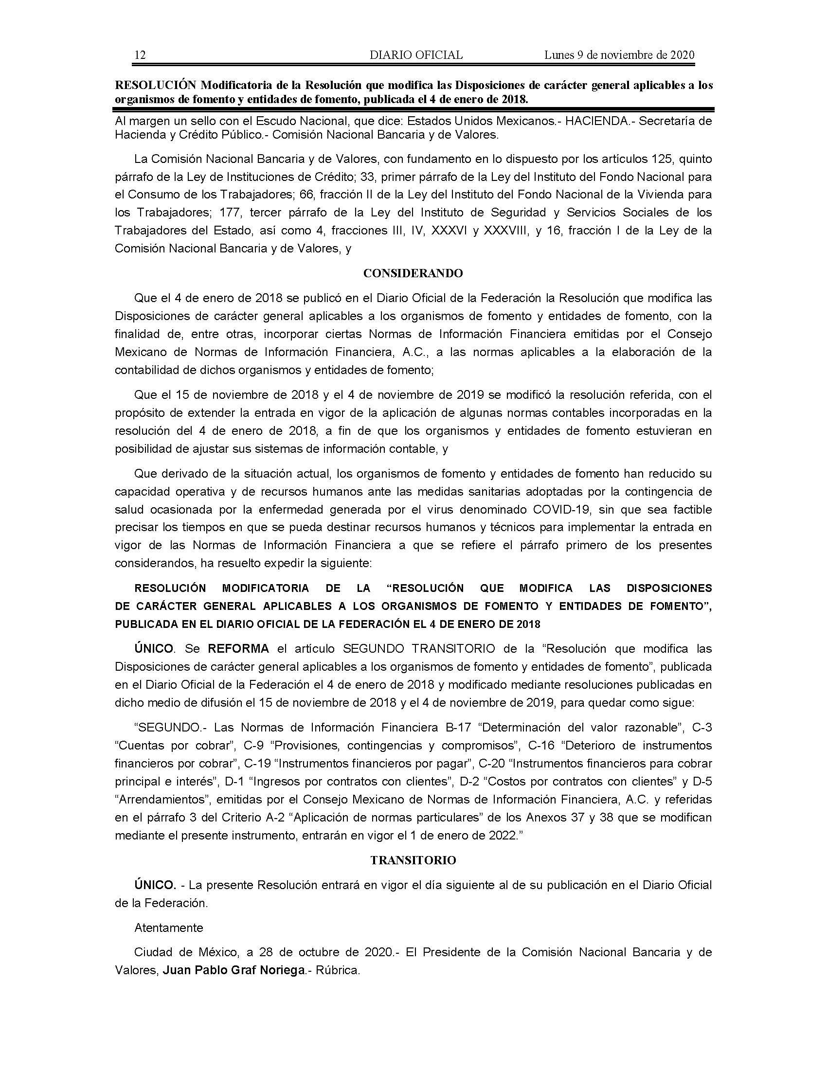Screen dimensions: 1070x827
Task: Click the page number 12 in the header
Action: tap(140, 55)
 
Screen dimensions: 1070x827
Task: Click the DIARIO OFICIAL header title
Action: tap(416, 55)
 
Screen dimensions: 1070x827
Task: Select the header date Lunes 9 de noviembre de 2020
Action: tap(619, 55)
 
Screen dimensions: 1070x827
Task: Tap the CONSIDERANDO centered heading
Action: tap(413, 273)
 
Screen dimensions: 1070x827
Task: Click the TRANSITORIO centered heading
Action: tap(413, 860)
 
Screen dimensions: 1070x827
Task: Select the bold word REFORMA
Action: tap(238, 649)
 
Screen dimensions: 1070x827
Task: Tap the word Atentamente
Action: tap(168, 927)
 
